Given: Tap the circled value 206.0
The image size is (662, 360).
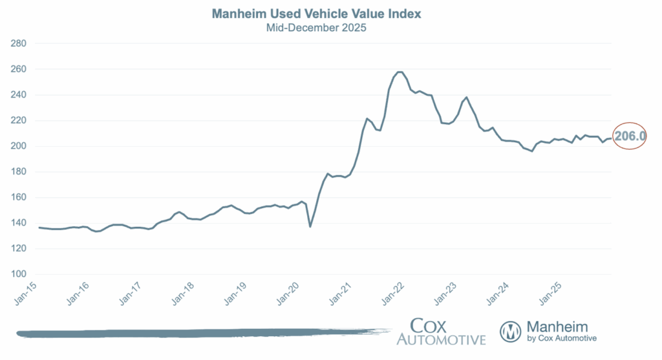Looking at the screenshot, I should [x=630, y=136].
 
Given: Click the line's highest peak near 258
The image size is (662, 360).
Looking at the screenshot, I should [x=399, y=72].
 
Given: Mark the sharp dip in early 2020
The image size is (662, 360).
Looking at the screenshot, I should [x=310, y=226].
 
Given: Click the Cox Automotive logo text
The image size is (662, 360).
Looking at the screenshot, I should [x=441, y=332].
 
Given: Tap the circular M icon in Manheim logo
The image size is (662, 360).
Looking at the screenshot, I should [x=511, y=332].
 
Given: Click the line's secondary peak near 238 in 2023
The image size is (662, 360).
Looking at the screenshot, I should [x=466, y=98].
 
